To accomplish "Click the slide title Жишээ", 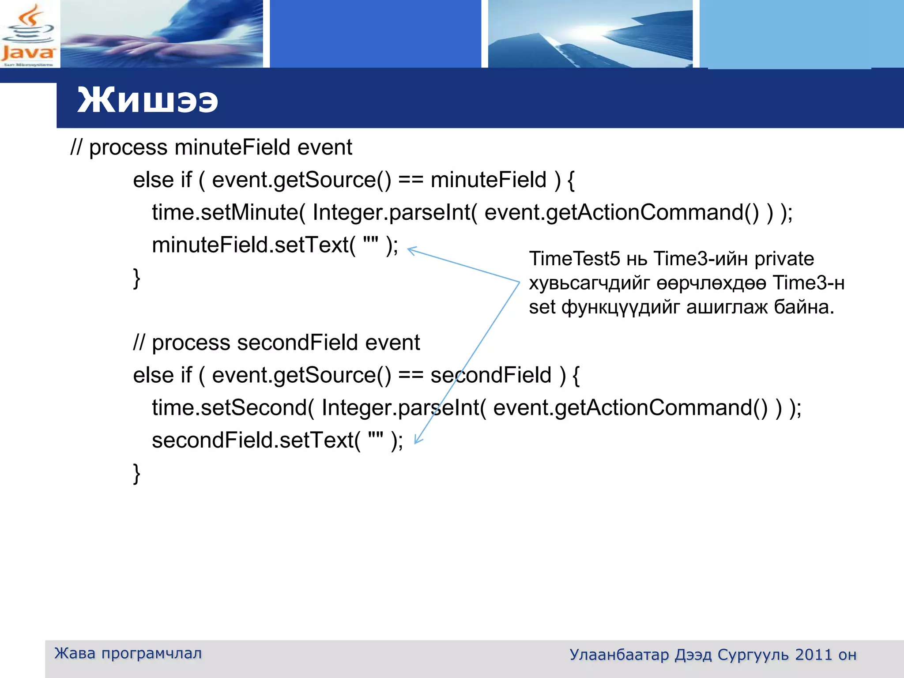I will [147, 100].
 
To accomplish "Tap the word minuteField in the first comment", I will [232, 147].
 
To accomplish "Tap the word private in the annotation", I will [784, 259].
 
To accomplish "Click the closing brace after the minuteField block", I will [137, 279].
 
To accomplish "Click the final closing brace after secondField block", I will [137, 474].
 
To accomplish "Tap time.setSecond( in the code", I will [233, 407].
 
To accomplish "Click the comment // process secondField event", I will [276, 343].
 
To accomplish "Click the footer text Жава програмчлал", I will [128, 653].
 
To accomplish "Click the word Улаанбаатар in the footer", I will [619, 655].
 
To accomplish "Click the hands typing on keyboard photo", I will [162, 34].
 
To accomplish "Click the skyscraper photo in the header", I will [590, 34].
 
